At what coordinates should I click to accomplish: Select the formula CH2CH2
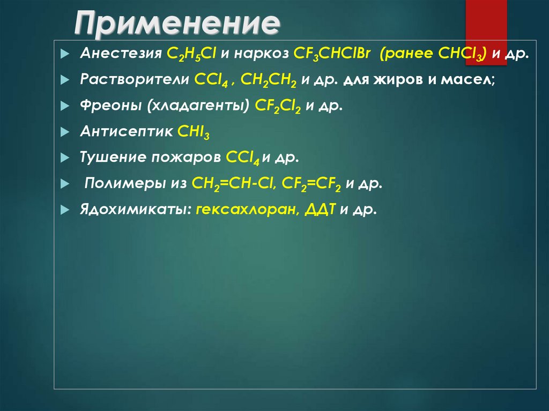269,80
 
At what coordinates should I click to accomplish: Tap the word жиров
397,80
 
